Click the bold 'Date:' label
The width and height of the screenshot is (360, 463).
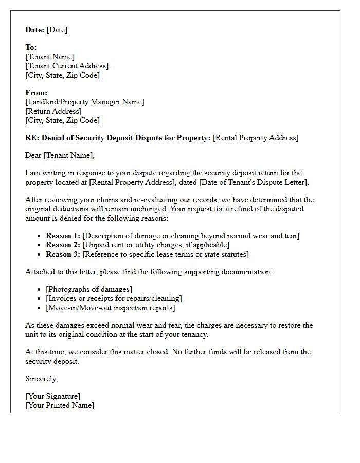pyautogui.click(x=35, y=30)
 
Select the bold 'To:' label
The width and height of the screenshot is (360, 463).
pyautogui.click(x=31, y=47)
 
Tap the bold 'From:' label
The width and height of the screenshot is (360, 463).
pyautogui.click(x=36, y=93)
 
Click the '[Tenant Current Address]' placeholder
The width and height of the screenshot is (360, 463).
pyautogui.click(x=67, y=66)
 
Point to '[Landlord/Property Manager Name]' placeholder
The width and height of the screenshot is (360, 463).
pyautogui.click(x=85, y=102)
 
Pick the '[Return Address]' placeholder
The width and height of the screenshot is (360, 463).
pyautogui.click(x=53, y=111)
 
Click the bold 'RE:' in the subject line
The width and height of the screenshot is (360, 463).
pyautogui.click(x=32, y=138)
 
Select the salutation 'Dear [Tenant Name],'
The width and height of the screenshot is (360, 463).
pyautogui.click(x=60, y=155)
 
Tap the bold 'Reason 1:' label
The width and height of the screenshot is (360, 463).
pyautogui.click(x=63, y=236)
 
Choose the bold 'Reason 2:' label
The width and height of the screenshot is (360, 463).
pyautogui.click(x=63, y=245)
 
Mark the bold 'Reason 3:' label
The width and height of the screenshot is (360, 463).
pyautogui.click(x=63, y=254)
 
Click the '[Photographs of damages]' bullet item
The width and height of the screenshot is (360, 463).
pyautogui.click(x=89, y=289)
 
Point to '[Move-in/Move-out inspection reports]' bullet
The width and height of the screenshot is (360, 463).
pyautogui.click(x=110, y=308)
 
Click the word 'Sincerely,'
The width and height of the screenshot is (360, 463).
pyautogui.click(x=42, y=379)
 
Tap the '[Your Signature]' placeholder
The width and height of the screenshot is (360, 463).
pyautogui.click(x=53, y=396)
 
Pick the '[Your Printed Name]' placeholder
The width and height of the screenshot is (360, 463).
pyautogui.click(x=60, y=405)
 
